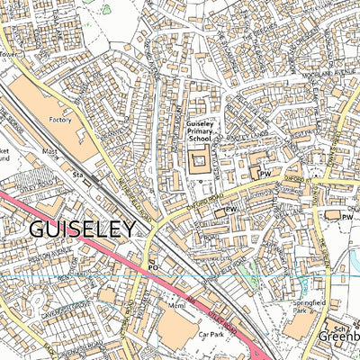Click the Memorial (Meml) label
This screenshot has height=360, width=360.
175,305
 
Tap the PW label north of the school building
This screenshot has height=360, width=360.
265,172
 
